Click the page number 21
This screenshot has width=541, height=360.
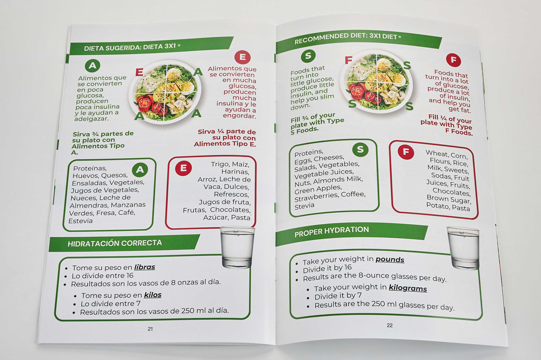click(x=150, y=329)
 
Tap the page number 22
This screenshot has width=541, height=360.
click(x=390, y=326)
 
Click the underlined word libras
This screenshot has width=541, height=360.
click(x=145, y=267)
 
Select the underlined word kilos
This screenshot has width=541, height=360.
click(x=153, y=295)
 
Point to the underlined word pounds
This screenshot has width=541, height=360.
click(x=390, y=259)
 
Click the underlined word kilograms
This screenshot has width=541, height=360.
click(x=408, y=288)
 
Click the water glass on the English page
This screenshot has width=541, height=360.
click(x=464, y=248)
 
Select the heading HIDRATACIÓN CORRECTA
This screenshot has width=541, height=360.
click(x=115, y=243)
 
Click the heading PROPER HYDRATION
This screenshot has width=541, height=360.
click(x=331, y=231)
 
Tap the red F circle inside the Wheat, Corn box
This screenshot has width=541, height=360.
click(x=405, y=152)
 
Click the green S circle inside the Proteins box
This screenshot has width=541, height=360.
click(x=360, y=149)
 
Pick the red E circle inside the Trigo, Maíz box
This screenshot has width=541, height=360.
click(x=183, y=168)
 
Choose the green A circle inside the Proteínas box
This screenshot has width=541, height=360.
click(x=140, y=170)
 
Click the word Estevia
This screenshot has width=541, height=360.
click(x=80, y=221)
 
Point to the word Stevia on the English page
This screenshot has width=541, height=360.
click(x=304, y=206)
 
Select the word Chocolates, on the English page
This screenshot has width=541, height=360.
click(x=452, y=192)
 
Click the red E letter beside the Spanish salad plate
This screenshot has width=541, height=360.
click(x=139, y=72)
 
